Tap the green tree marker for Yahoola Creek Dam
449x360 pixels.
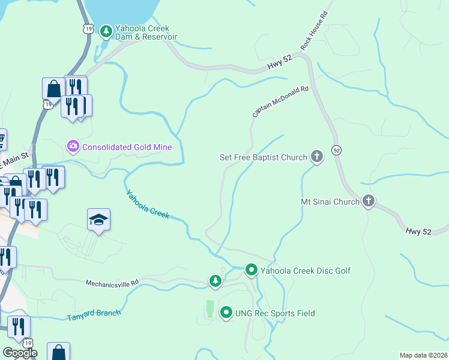tap(106, 30)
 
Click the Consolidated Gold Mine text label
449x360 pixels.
tap(127, 147)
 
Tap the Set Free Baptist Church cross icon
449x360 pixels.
tap(316, 158)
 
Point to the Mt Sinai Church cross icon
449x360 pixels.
tap(369, 202)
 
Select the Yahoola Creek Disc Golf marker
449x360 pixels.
tap(252, 271)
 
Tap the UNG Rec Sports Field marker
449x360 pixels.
tap(226, 313)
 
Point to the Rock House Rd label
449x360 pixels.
tap(314, 31)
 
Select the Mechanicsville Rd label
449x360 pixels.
tap(112, 282)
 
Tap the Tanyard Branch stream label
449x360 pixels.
tap(94, 314)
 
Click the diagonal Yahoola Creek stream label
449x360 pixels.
tap(148, 204)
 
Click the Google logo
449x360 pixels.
tap(19, 353)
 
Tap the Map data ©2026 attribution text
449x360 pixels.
tap(423, 355)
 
